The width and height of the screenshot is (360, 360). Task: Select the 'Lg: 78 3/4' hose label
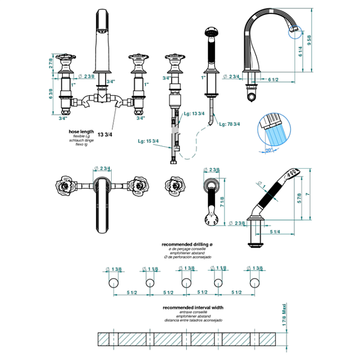pos(229,123)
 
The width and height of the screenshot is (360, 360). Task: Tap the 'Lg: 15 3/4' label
pos(148,141)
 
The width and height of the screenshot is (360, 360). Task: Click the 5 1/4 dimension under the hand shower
pos(275,231)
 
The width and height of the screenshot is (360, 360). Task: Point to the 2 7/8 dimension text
pos(51,64)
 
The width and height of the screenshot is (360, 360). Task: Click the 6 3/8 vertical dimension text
pos(51,94)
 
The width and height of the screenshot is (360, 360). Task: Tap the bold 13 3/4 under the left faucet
pos(105,134)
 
